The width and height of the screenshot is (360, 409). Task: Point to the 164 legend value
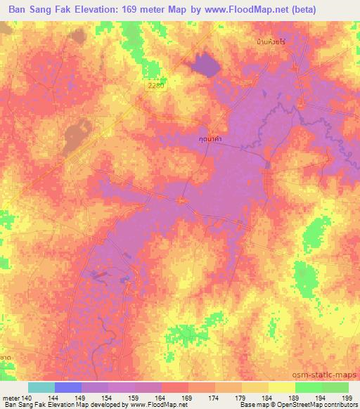tap(160, 397)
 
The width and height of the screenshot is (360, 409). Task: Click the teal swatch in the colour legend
tap(41, 387)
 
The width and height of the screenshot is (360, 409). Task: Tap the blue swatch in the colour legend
tap(67, 387)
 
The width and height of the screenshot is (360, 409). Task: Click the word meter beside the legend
tap(10, 397)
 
